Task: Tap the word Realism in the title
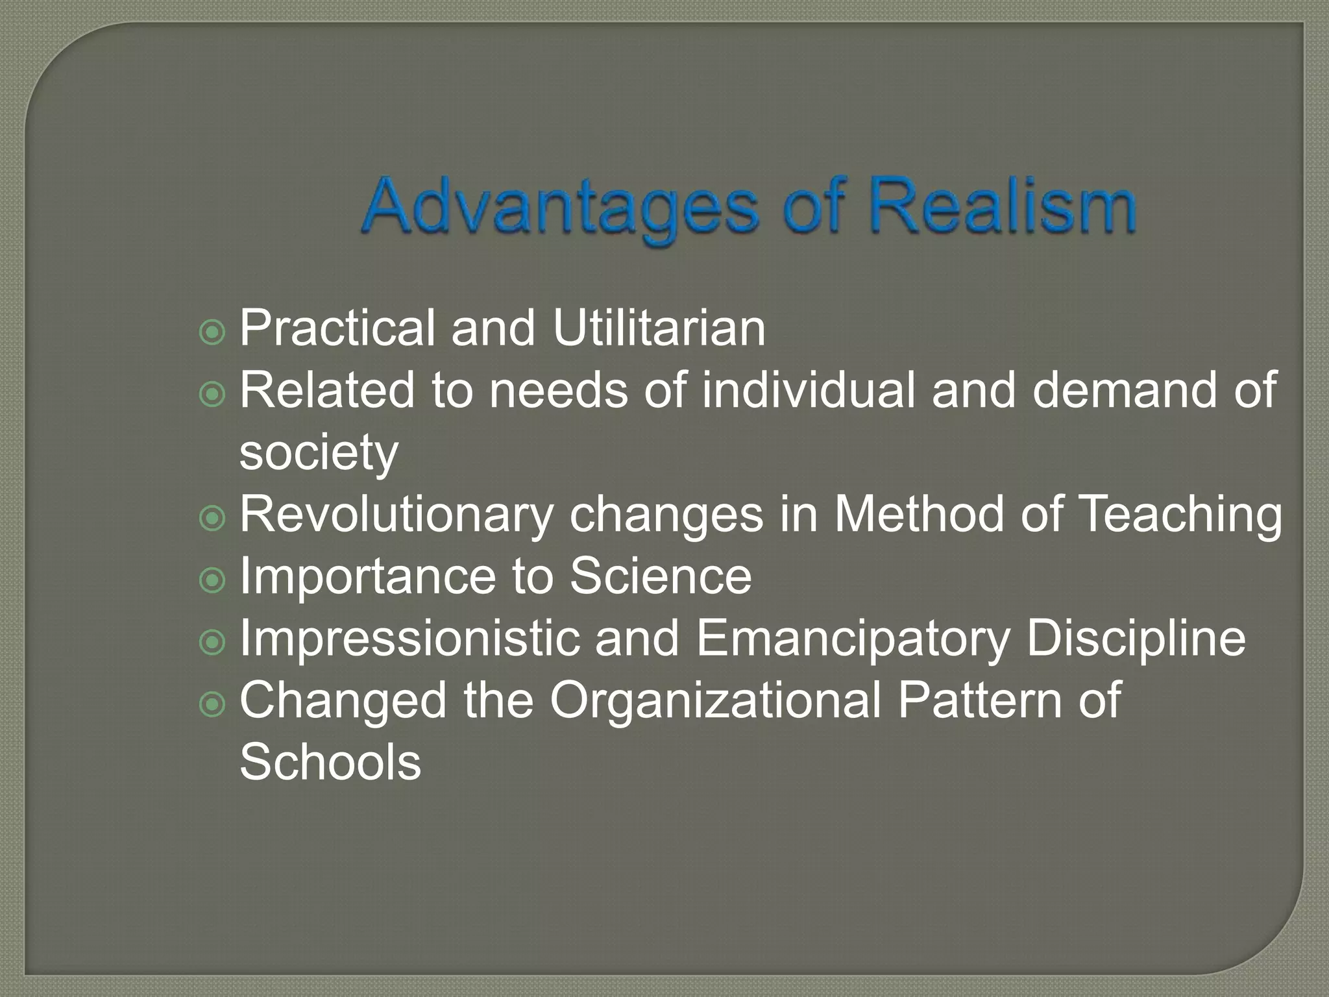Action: (x=1003, y=206)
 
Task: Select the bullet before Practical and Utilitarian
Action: (x=212, y=332)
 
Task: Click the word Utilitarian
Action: (x=659, y=328)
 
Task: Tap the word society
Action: (x=319, y=453)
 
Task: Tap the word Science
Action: (x=661, y=576)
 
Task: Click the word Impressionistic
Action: (x=409, y=638)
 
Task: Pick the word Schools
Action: (x=330, y=762)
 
